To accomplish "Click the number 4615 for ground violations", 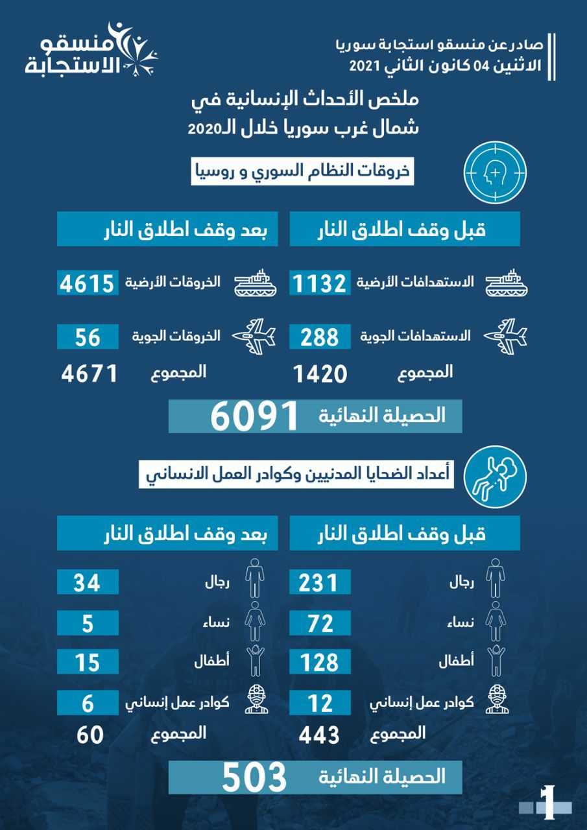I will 88,283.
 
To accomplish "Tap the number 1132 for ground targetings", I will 320,283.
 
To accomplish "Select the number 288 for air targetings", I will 320,337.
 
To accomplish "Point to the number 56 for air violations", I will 88,337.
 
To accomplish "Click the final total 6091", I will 254,416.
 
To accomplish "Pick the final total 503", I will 254,777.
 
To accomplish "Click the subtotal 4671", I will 90,374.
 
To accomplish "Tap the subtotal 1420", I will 320,374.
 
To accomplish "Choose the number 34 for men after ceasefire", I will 88,581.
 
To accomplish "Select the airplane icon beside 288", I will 507,335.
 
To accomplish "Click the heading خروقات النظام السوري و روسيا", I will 302,173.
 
